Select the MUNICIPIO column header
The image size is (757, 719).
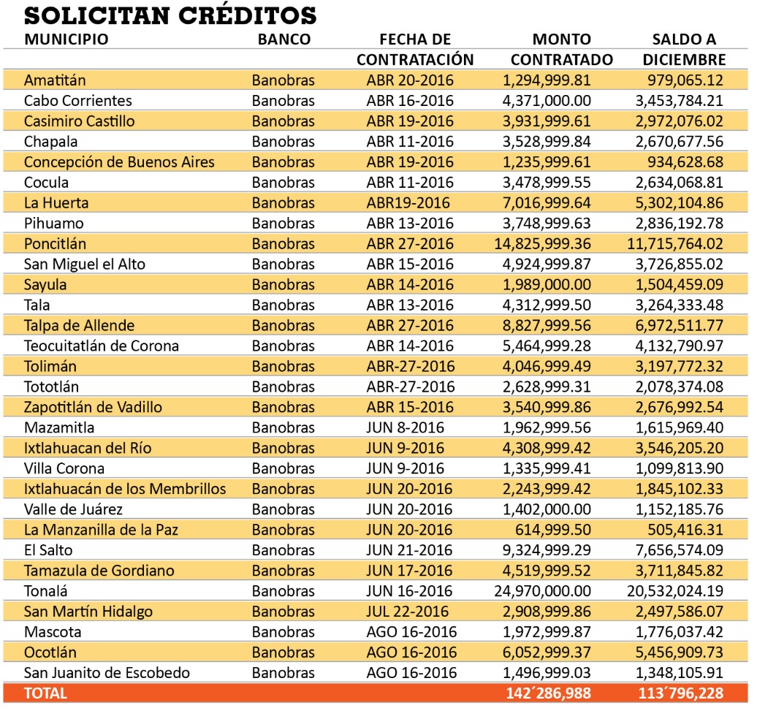(x=66, y=39)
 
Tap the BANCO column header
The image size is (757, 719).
(x=284, y=39)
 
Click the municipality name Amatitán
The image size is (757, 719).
(x=55, y=80)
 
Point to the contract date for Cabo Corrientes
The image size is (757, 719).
(x=410, y=100)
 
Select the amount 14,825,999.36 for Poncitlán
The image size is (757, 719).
(x=542, y=244)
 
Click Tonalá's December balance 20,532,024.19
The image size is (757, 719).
(x=675, y=591)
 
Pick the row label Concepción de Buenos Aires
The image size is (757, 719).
(x=119, y=161)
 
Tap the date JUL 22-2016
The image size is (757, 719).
(x=408, y=612)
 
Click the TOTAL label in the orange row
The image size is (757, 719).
(x=45, y=693)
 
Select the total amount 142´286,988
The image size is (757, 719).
(x=549, y=693)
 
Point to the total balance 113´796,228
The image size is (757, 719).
(x=681, y=693)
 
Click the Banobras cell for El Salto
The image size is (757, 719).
(x=284, y=550)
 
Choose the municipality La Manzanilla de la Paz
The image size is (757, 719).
(x=101, y=530)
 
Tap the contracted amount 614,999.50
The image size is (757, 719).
(x=553, y=530)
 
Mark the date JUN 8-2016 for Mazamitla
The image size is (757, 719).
(x=405, y=428)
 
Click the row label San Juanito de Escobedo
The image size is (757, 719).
(x=107, y=673)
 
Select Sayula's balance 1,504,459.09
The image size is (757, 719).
(x=680, y=285)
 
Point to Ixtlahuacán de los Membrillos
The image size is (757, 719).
(x=125, y=489)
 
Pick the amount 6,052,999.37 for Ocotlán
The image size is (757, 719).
(x=547, y=653)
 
